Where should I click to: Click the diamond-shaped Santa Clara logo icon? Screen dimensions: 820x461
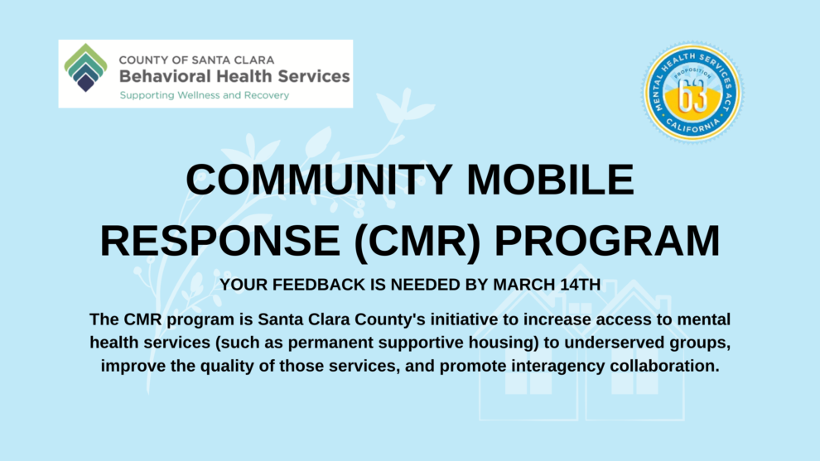[86, 68]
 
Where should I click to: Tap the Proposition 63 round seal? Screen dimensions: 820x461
[693, 93]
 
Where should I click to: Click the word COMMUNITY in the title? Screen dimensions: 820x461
[319, 180]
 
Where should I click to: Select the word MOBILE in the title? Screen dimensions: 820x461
[550, 180]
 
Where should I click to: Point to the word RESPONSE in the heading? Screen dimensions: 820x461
[220, 240]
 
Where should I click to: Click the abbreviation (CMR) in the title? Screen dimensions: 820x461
[417, 241]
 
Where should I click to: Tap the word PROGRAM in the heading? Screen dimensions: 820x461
[607, 240]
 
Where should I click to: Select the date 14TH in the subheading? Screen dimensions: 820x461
[578, 285]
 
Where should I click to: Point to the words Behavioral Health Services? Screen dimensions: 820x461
[234, 76]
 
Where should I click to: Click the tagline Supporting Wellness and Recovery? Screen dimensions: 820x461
[204, 95]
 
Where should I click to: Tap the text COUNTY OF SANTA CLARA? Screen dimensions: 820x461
[196, 60]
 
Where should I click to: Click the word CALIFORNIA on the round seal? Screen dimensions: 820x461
[693, 127]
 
